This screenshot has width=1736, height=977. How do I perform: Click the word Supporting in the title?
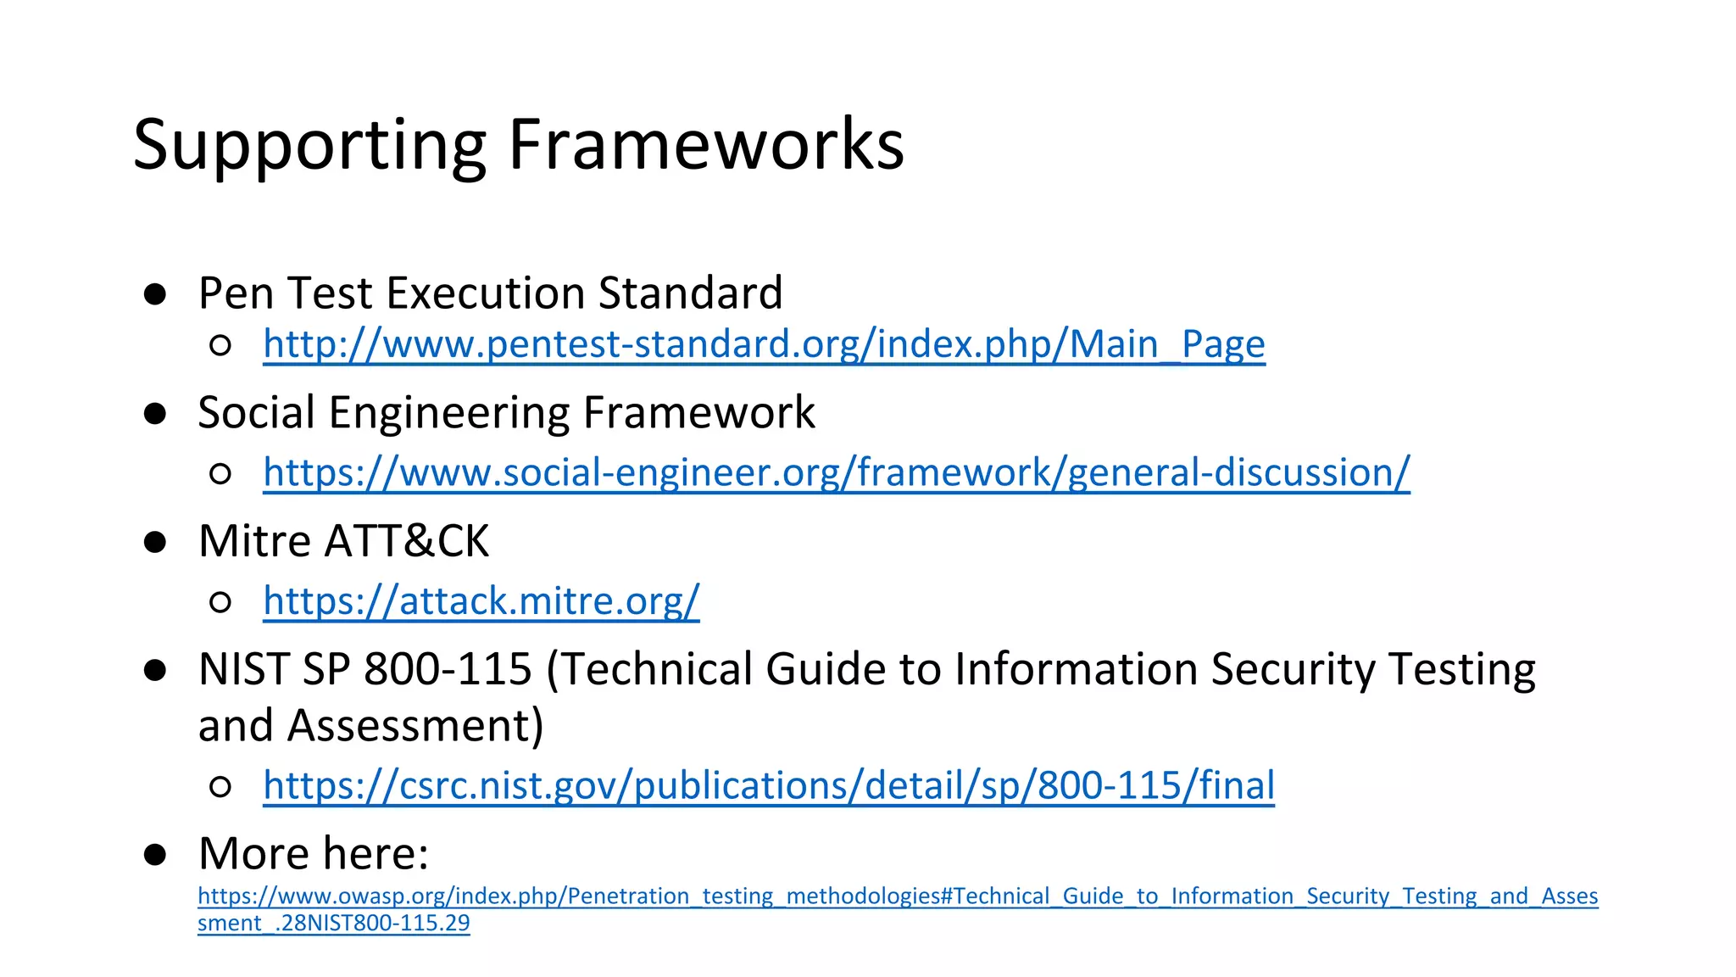pos(309,146)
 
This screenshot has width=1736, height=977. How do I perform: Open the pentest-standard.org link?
pos(764,344)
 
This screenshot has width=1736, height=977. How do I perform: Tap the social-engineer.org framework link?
pos(836,472)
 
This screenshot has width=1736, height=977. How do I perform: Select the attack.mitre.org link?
pos(481,601)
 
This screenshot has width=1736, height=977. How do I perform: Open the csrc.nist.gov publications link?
pos(768,785)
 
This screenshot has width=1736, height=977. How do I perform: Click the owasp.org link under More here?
pos(897,896)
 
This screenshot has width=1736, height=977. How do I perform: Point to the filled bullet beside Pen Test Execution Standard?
pos(155,294)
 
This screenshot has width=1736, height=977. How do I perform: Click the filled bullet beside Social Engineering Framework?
pos(155,414)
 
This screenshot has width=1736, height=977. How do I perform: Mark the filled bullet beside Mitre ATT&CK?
pos(155,542)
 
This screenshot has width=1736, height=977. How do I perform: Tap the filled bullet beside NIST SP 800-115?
pos(155,671)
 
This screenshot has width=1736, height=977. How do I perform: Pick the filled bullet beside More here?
pos(155,854)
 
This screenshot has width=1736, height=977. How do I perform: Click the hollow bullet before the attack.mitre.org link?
pos(220,602)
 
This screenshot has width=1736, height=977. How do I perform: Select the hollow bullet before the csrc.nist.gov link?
pos(220,787)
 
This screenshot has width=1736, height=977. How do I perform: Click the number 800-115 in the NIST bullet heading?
pos(448,669)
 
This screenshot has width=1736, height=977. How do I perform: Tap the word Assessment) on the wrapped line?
pos(415,726)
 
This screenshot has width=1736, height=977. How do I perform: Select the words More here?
pos(314,853)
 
